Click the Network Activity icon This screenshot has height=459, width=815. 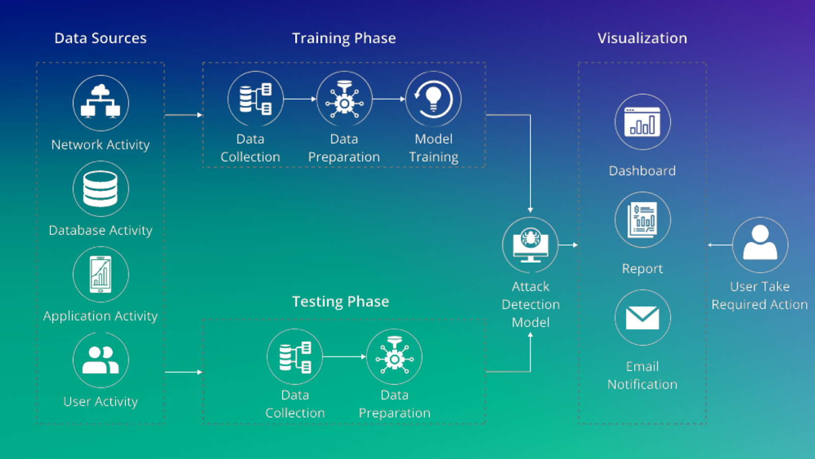(x=100, y=103)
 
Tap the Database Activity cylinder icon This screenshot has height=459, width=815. (x=100, y=189)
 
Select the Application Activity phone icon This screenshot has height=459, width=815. (x=100, y=274)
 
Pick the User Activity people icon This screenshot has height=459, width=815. (x=100, y=360)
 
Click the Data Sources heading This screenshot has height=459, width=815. (x=100, y=38)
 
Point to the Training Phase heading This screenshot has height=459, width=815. (x=344, y=38)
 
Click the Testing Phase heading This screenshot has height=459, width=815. (x=340, y=301)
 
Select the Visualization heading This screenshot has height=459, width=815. (x=642, y=38)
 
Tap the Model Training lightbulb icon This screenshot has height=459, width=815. (x=433, y=99)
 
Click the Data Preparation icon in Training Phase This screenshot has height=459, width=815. (x=344, y=99)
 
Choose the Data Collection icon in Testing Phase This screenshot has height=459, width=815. (x=295, y=356)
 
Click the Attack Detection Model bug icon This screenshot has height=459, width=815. (x=530, y=245)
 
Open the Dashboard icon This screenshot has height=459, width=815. (x=642, y=122)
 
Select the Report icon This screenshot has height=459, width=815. (x=642, y=220)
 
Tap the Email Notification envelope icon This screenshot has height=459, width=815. (x=642, y=318)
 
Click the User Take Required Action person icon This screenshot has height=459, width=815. (x=760, y=245)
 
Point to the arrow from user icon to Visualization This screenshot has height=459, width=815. (x=720, y=245)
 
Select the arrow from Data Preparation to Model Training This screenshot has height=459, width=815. (x=389, y=99)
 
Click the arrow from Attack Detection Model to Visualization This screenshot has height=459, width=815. (x=568, y=245)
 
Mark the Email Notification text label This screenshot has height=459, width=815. (x=642, y=375)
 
